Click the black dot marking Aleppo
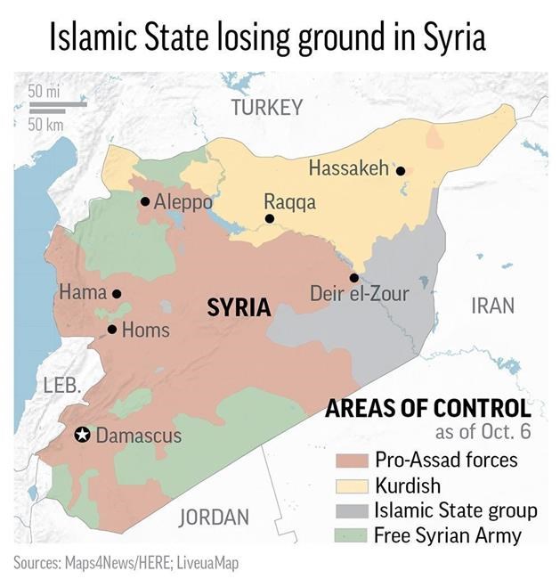click(144, 201)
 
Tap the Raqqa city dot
click(269, 218)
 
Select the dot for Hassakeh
click(401, 170)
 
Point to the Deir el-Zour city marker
click(354, 277)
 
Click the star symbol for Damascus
click(82, 435)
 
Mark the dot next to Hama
click(117, 293)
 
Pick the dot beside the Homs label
click(112, 330)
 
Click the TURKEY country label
click(267, 108)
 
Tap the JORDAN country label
click(215, 517)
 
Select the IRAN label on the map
click(492, 306)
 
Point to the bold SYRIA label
click(239, 308)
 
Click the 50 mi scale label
click(45, 91)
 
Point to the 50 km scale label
click(45, 124)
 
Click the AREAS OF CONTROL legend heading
click(427, 409)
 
